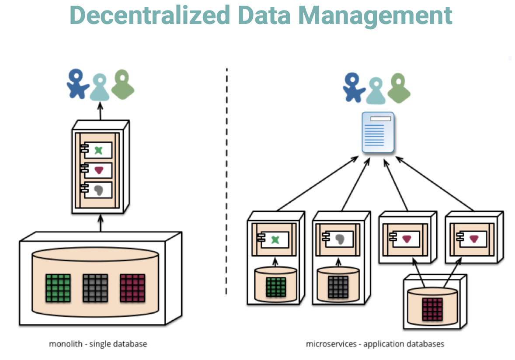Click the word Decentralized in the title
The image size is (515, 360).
(x=150, y=15)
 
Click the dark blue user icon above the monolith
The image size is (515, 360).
(x=77, y=84)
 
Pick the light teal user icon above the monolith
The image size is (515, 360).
(x=100, y=87)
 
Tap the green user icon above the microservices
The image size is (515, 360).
(x=399, y=88)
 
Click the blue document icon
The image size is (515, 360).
(x=378, y=132)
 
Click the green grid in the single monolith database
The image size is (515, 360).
(x=58, y=288)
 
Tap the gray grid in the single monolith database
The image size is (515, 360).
(x=95, y=288)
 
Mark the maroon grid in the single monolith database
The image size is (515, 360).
(x=132, y=288)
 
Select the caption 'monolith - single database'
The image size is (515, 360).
(x=98, y=344)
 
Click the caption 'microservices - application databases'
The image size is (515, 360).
(x=375, y=344)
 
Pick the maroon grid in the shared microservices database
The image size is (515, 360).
(x=432, y=309)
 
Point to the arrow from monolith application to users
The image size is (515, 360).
(x=101, y=111)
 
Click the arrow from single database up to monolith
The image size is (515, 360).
(x=101, y=223)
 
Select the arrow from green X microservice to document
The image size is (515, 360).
(x=317, y=184)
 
